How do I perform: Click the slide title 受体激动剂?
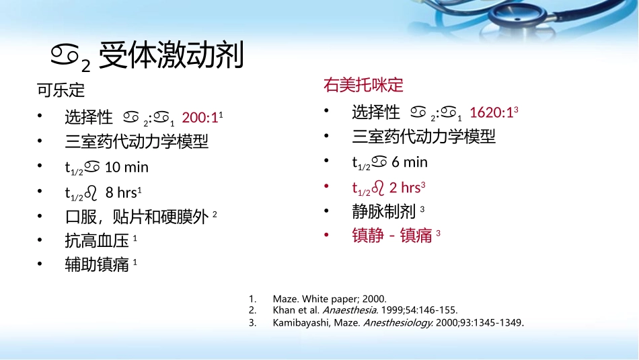click(x=171, y=57)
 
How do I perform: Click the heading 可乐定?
click(x=61, y=90)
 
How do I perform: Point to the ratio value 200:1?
click(x=200, y=118)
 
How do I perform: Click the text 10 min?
click(x=127, y=167)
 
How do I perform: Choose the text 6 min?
click(x=409, y=162)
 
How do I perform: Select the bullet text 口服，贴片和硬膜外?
click(x=137, y=217)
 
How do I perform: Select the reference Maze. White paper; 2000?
click(x=330, y=299)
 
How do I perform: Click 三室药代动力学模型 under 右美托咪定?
click(x=424, y=137)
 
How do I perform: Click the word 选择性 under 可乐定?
click(x=89, y=118)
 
